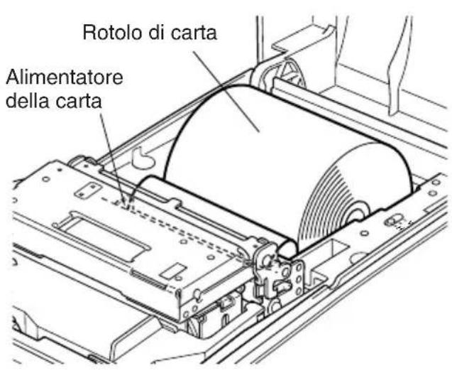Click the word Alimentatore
click(65, 77)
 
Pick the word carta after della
click(78, 101)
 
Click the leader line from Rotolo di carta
click(226, 92)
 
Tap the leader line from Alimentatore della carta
click(114, 158)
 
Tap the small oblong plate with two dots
click(87, 190)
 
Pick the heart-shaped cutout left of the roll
click(143, 158)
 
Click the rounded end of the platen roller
click(287, 249)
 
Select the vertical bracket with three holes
click(299, 278)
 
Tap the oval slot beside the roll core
click(394, 220)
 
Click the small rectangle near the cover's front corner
click(172, 271)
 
